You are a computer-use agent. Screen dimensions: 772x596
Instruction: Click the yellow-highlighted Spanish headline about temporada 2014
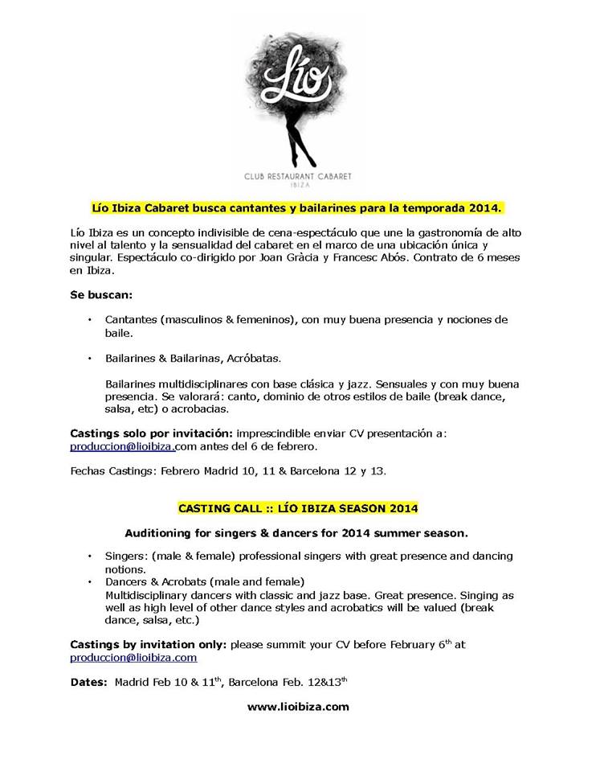(x=297, y=208)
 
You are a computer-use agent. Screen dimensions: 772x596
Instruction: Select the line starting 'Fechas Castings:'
(x=228, y=471)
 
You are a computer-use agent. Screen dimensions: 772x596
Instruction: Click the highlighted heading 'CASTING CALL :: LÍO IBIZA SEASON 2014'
(x=297, y=509)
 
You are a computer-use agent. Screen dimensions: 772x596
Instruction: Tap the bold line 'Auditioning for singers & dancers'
(x=297, y=532)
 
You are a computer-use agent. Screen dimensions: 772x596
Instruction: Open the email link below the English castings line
(x=133, y=657)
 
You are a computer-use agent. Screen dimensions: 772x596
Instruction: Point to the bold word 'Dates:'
(x=90, y=682)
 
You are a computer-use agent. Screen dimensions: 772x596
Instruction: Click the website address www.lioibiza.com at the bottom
(x=297, y=707)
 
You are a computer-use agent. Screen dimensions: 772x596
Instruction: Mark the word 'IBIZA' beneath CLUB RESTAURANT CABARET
(x=298, y=183)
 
